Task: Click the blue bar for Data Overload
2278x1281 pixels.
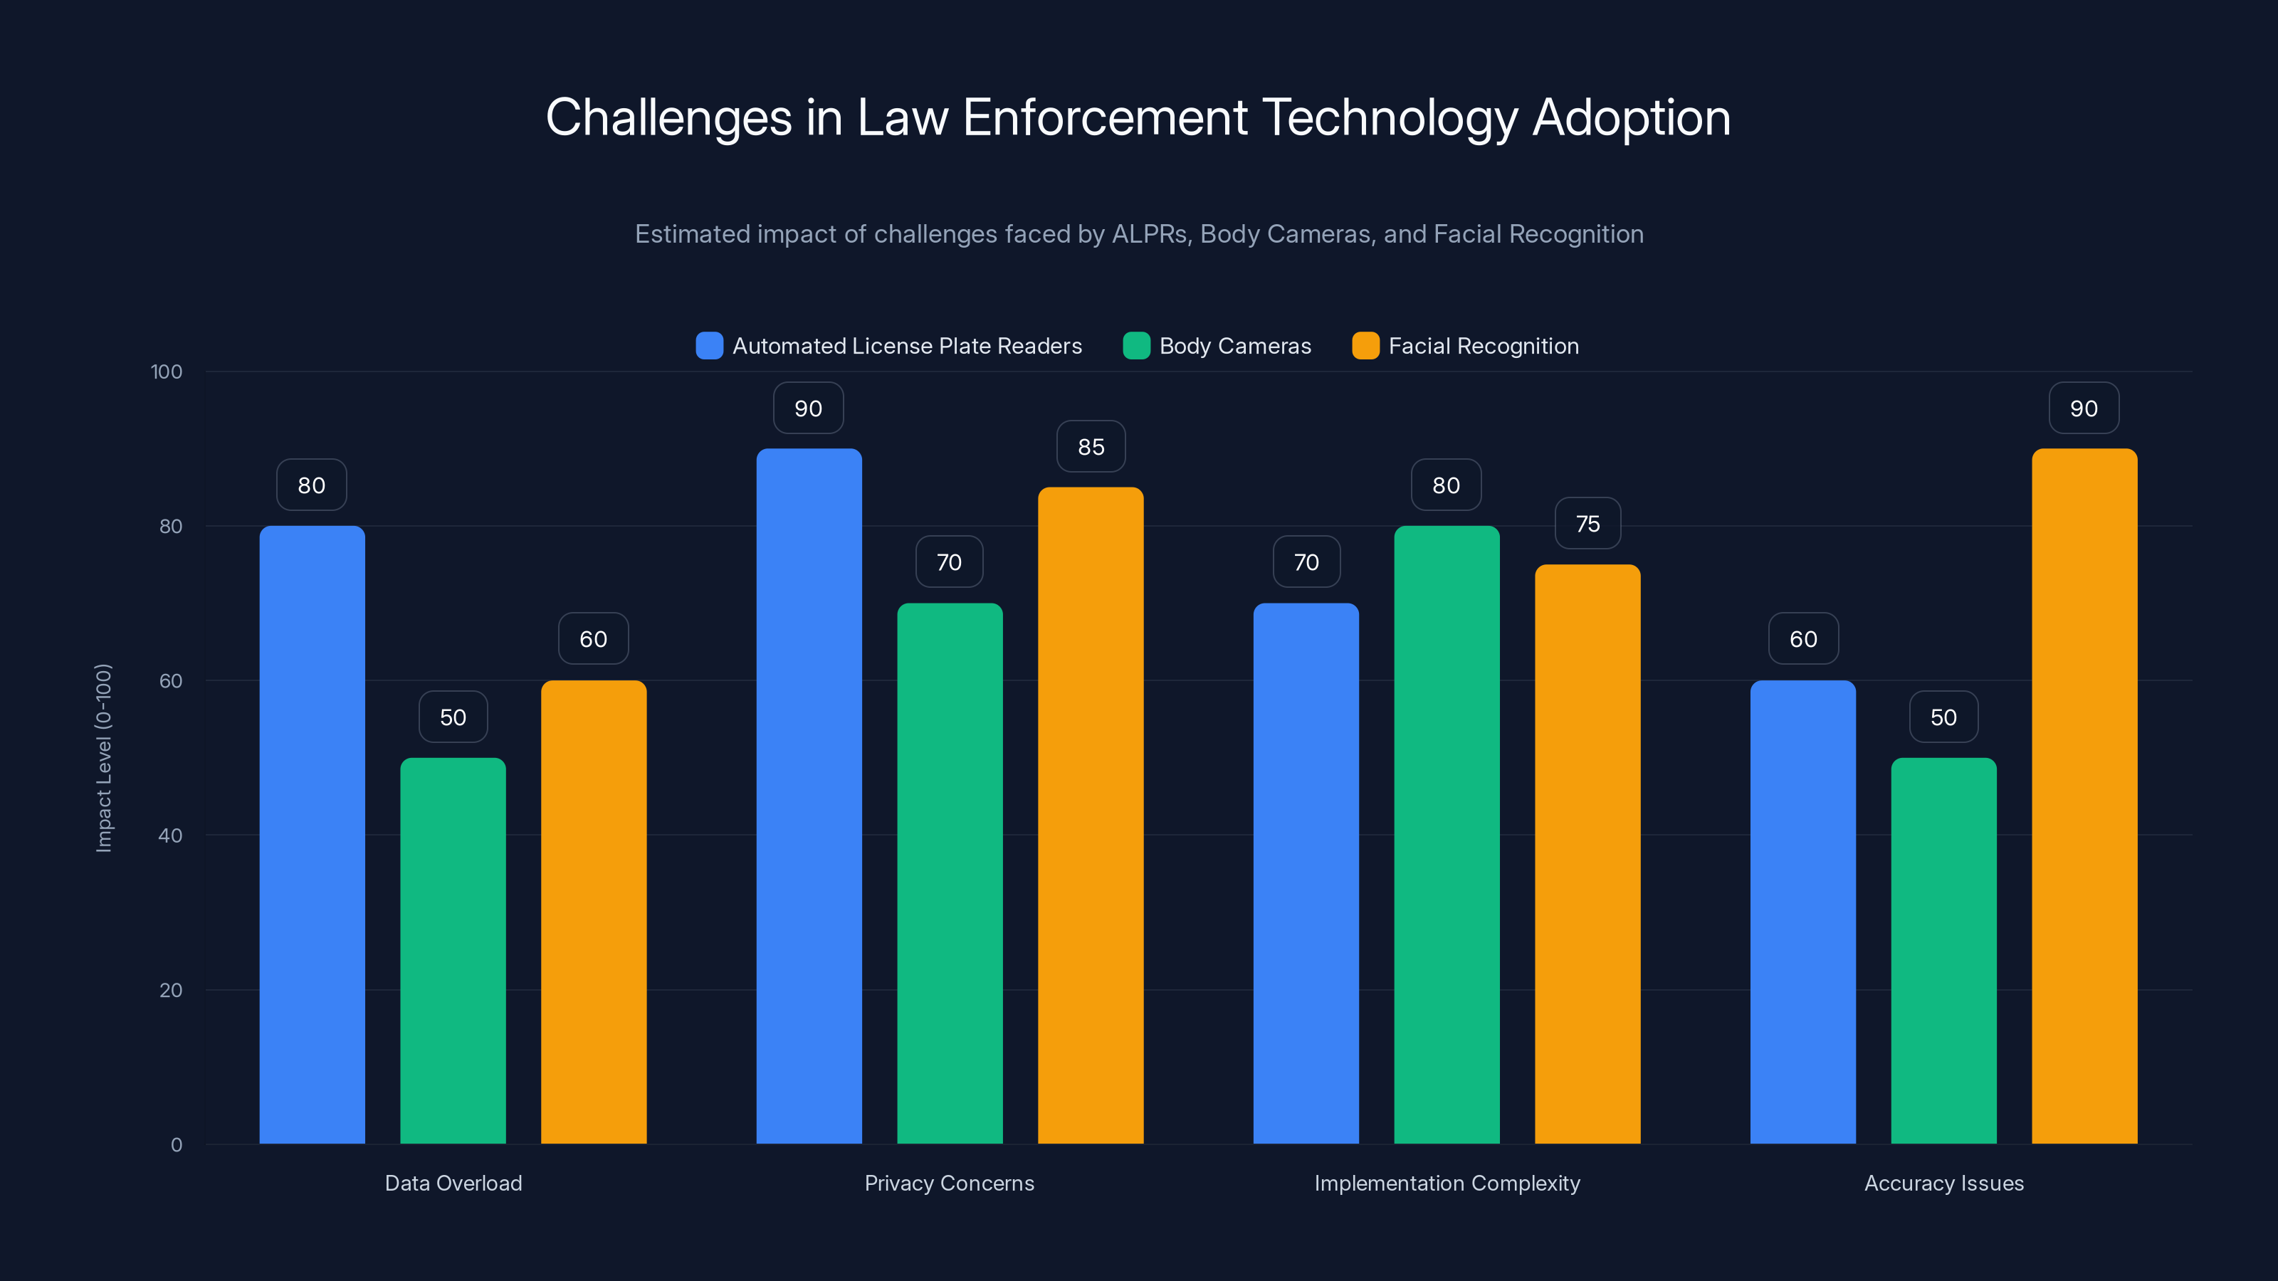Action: [x=313, y=835]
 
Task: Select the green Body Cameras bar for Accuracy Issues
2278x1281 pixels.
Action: [x=1943, y=950]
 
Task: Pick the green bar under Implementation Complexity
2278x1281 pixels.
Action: [x=1447, y=835]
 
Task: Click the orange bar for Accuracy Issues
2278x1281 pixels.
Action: [x=2084, y=796]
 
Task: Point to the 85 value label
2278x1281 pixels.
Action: [x=1091, y=448]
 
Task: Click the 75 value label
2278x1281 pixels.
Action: [x=1587, y=524]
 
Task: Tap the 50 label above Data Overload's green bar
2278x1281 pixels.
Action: [x=453, y=717]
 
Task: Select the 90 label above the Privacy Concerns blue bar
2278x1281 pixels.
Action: [x=808, y=408]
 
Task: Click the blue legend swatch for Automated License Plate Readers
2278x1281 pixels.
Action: [x=709, y=346]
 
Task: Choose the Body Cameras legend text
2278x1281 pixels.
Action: [x=1234, y=346]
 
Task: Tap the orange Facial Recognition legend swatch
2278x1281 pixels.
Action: [x=1365, y=346]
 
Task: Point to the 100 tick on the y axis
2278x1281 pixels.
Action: [x=167, y=371]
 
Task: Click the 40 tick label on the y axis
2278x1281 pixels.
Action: [x=170, y=835]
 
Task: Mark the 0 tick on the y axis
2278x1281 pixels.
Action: [x=176, y=1145]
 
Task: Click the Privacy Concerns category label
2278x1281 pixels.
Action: [x=949, y=1183]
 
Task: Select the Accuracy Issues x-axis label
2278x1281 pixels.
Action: [x=1943, y=1183]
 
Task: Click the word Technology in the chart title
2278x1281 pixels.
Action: [x=1390, y=117]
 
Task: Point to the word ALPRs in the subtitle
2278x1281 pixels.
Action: [x=1149, y=234]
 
